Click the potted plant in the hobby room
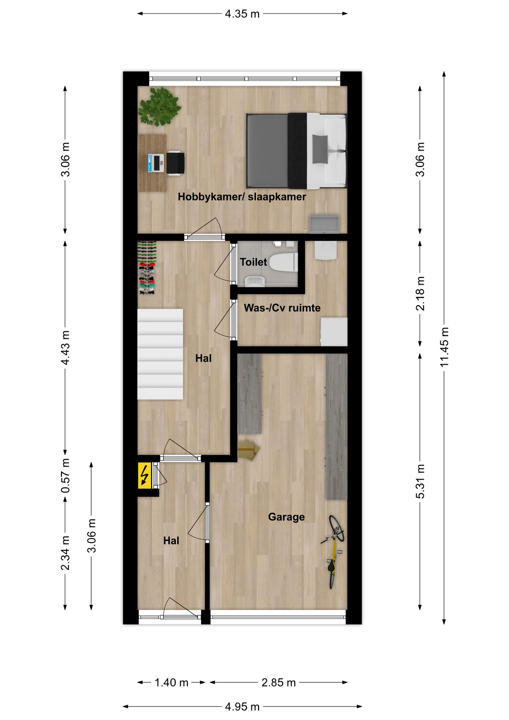pos(159,106)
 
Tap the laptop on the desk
pos(156,163)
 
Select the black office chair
pos(175,163)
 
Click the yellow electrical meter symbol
pos(144,475)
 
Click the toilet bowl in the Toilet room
pos(283,262)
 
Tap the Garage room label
pos(286,517)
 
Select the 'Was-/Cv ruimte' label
pos(282,308)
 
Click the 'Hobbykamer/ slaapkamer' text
pos(242,197)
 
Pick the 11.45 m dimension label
pos(444,347)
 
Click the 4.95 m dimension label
pos(242,707)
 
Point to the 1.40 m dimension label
pos(171,682)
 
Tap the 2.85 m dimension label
pos(278,682)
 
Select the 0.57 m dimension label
pos(66,476)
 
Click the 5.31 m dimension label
pos(420,481)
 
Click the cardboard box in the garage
pos(248,450)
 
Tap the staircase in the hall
pos(160,354)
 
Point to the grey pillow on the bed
pos(320,149)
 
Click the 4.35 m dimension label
pos(242,14)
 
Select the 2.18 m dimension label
pos(420,294)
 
